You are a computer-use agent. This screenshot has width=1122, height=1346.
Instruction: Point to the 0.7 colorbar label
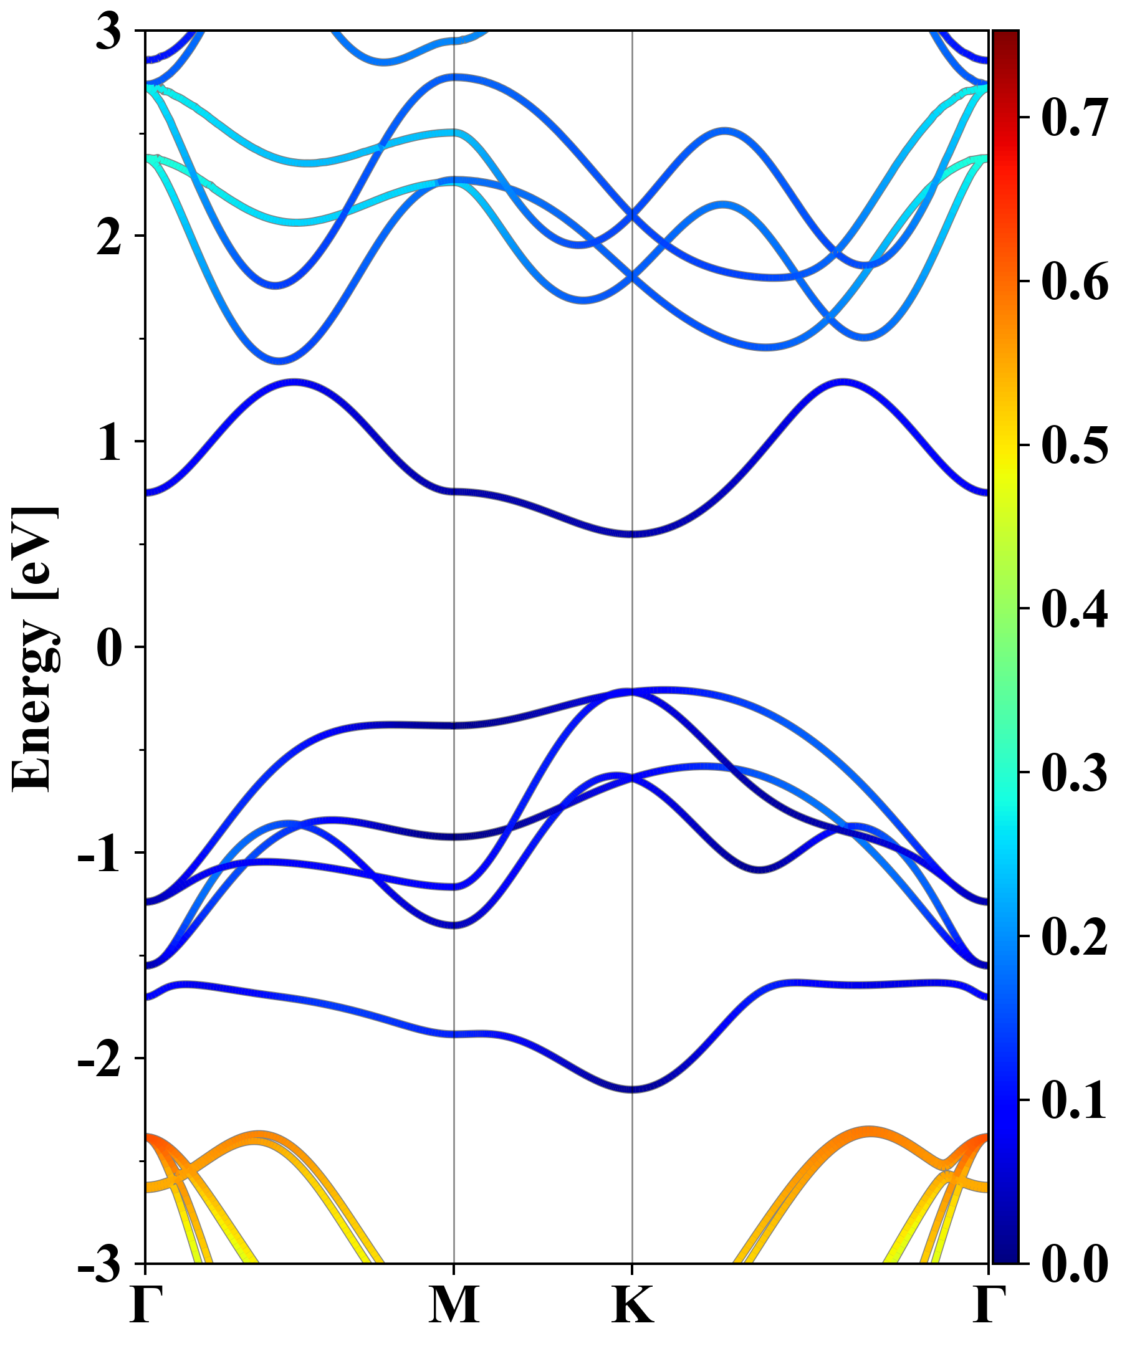[1074, 118]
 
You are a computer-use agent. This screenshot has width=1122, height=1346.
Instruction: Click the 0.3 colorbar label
[1074, 773]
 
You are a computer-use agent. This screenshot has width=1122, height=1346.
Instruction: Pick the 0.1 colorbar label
[1074, 1100]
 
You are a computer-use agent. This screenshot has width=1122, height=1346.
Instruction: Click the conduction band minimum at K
[633, 533]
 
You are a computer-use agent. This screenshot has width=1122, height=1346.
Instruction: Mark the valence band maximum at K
[633, 692]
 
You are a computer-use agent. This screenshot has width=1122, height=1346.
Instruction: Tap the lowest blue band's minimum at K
[633, 1089]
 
